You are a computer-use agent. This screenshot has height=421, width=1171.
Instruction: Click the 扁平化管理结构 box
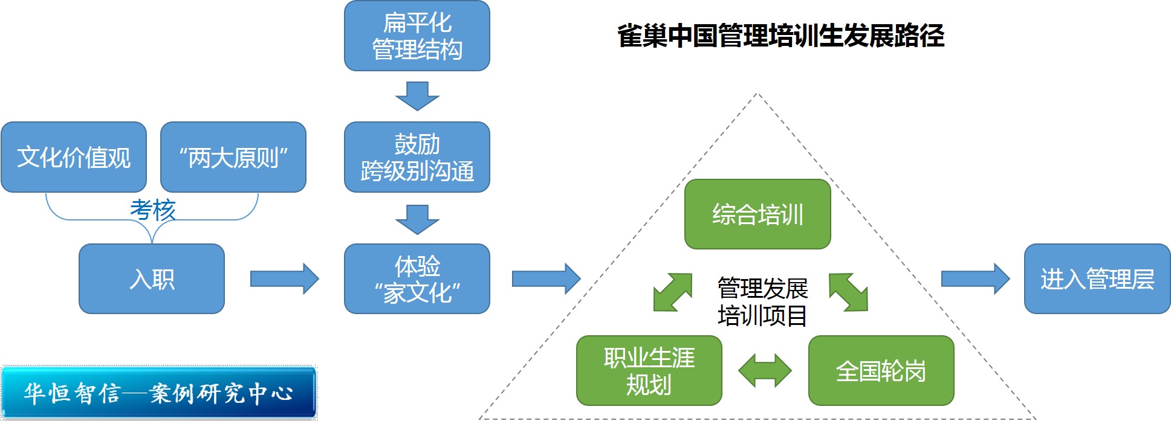tap(417, 36)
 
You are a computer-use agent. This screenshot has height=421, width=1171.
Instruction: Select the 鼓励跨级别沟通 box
tap(417, 157)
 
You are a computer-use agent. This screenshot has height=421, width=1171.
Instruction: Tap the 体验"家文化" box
tap(417, 278)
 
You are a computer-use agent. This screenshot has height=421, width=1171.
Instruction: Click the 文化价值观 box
tap(74, 157)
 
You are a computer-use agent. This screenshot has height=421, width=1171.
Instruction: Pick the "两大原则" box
tap(233, 157)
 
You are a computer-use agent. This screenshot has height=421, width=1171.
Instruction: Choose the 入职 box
tap(152, 278)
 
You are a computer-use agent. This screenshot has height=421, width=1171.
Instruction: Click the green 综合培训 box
tap(757, 214)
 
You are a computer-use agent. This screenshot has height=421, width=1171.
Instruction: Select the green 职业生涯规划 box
tap(649, 370)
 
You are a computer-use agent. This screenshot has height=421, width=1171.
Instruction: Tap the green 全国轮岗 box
tap(881, 370)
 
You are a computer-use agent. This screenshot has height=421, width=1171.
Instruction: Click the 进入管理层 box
tap(1097, 278)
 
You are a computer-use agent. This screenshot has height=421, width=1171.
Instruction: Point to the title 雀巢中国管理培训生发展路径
tap(780, 36)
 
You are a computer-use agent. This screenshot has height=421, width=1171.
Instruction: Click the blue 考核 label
tap(152, 210)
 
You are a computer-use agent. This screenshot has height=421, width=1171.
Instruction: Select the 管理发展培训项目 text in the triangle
tap(762, 301)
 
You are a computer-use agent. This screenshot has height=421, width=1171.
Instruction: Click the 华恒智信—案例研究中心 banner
tap(158, 393)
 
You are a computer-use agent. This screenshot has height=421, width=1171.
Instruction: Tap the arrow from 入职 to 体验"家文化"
tap(284, 279)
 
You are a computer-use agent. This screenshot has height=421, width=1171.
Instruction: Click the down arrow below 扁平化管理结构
tap(417, 96)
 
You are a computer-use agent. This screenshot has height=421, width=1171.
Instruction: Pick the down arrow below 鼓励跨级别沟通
tap(417, 219)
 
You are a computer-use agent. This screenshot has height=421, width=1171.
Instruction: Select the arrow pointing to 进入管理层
tap(975, 279)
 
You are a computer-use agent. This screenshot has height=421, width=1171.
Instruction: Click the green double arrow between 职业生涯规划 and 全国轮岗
tap(765, 370)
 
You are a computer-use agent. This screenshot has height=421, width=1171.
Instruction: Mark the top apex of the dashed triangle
tap(757, 94)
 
